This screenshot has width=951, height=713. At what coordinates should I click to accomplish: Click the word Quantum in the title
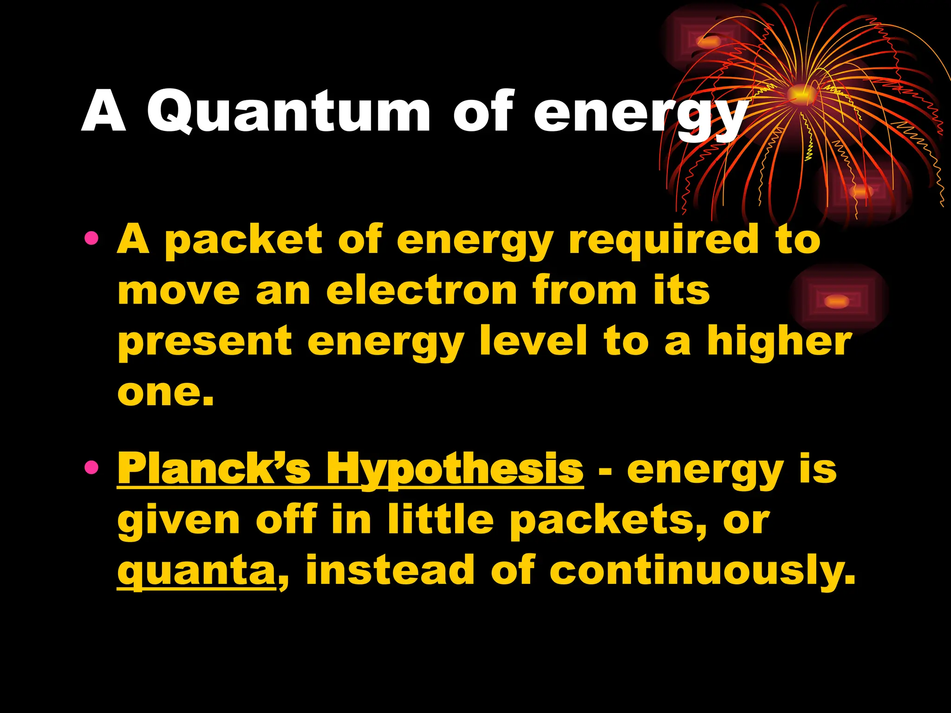[x=289, y=111]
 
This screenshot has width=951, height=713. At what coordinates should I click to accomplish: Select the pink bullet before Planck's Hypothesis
[x=92, y=467]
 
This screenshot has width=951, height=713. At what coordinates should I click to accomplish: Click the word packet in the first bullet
[x=243, y=240]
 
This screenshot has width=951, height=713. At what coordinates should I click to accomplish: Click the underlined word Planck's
[x=214, y=469]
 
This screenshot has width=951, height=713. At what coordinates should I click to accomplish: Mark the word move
[x=179, y=291]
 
